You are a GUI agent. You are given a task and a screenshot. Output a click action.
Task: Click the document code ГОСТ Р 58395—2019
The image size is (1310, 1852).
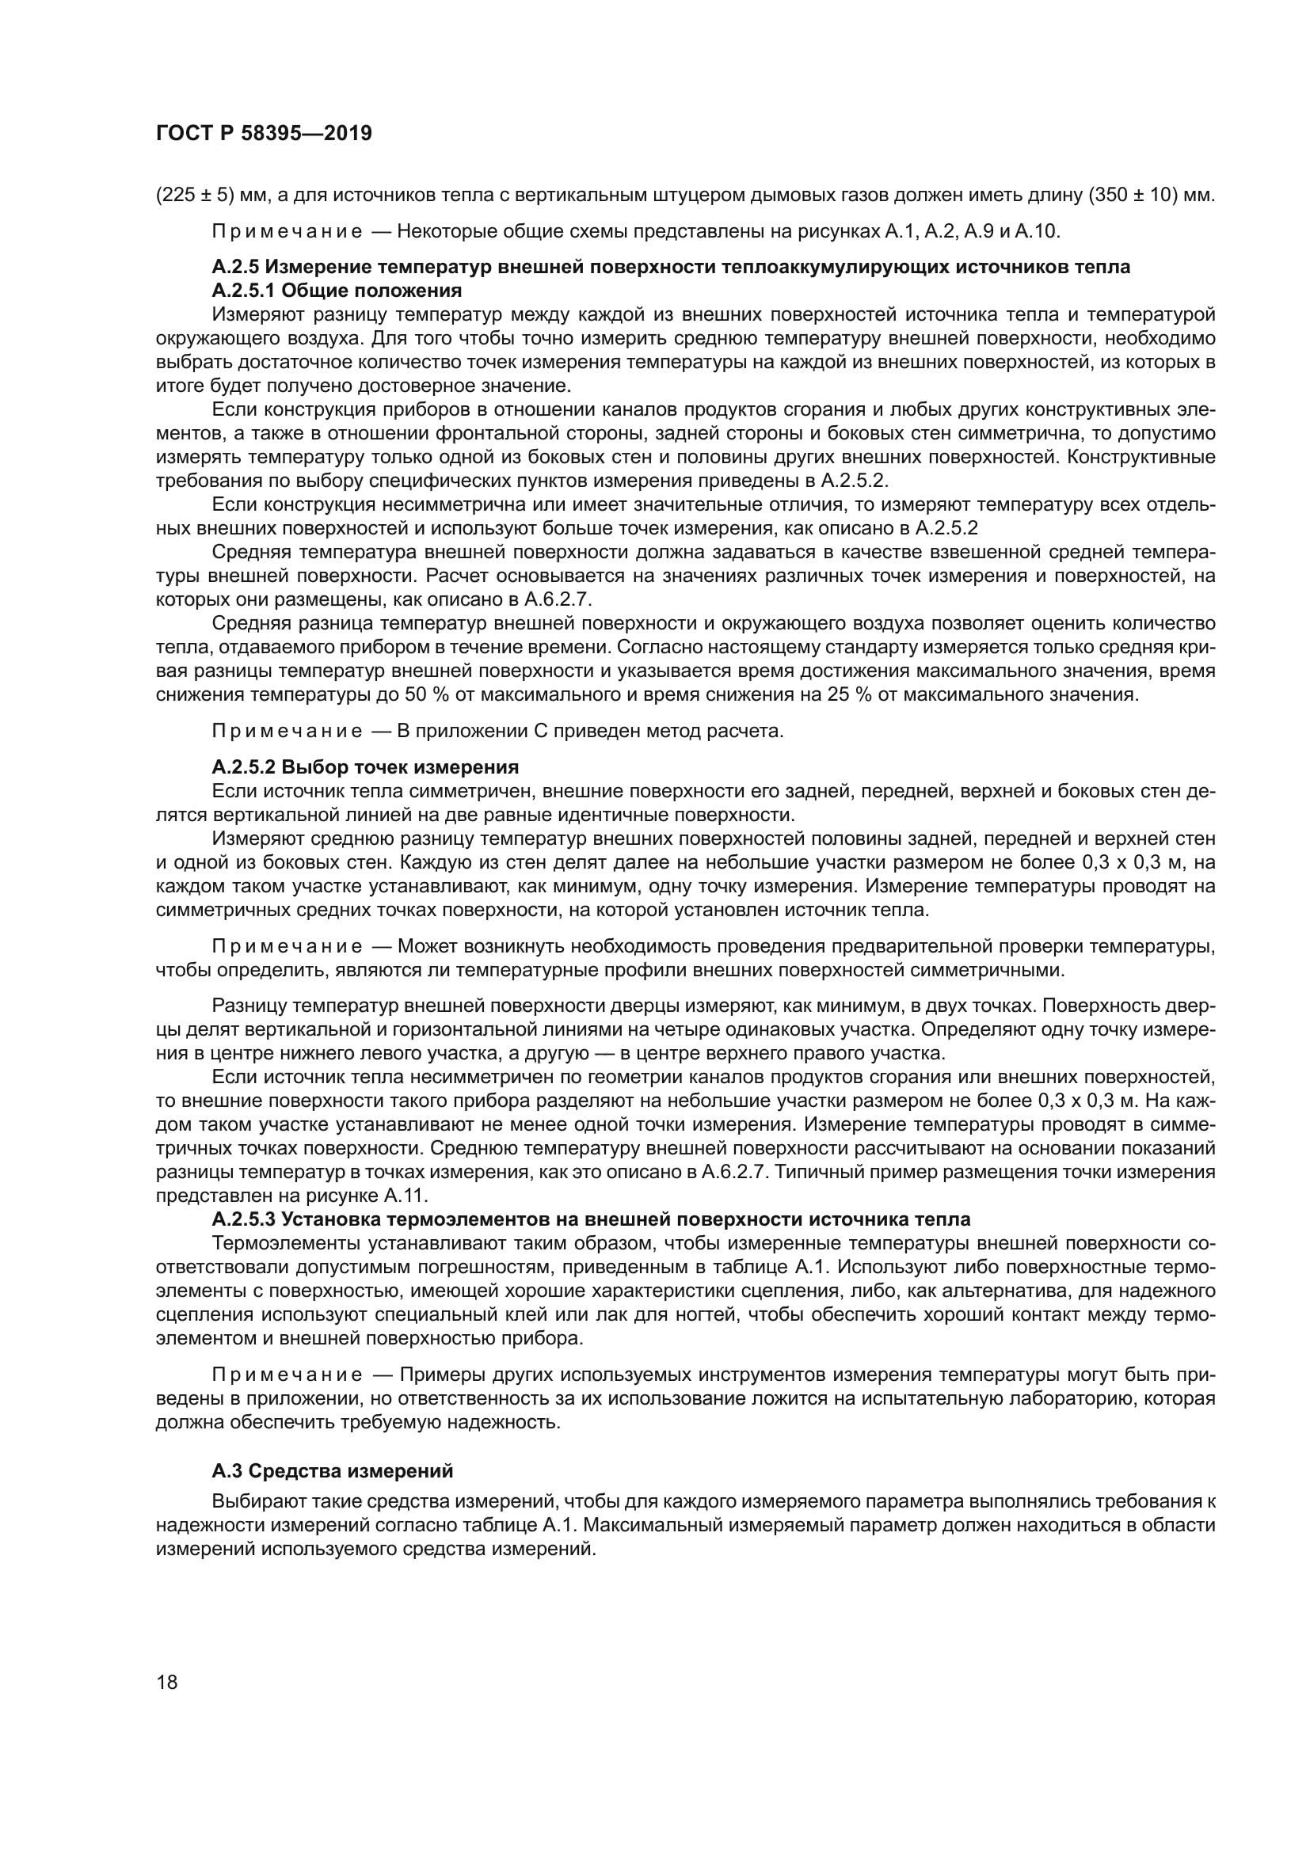[264, 134]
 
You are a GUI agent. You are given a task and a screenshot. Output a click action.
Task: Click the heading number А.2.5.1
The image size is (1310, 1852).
[244, 291]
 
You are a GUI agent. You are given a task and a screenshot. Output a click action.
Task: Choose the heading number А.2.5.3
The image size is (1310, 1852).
[244, 1219]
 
